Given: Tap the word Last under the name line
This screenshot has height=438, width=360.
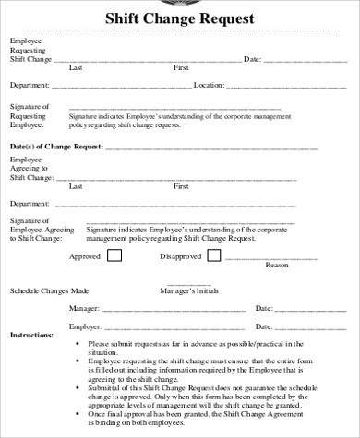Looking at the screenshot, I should [x=76, y=67].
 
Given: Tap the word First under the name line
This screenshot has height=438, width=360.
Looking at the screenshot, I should [x=182, y=67].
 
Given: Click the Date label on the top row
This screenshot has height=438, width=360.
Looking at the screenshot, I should [x=252, y=58].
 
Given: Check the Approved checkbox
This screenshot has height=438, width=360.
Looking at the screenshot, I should [x=114, y=255].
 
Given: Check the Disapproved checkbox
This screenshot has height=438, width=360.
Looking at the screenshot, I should [x=218, y=255].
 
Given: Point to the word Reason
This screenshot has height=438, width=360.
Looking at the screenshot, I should [x=277, y=266].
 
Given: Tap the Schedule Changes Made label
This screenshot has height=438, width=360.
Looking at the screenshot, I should [x=50, y=291].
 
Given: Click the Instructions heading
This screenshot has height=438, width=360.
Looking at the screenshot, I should [x=31, y=335].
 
